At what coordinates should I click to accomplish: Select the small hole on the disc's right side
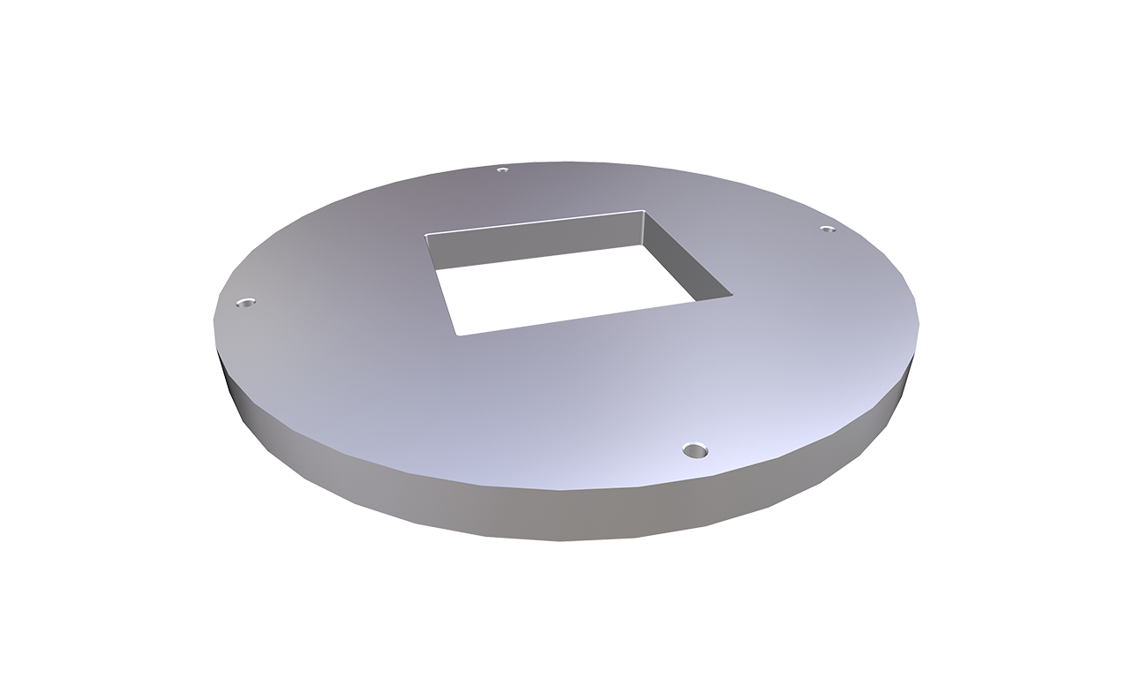[x=827, y=229]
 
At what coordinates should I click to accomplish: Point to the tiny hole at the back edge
[x=502, y=169]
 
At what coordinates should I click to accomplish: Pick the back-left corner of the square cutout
[x=426, y=235]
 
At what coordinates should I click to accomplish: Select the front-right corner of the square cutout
[x=732, y=294]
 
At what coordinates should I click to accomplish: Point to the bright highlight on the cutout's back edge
[x=529, y=222]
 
